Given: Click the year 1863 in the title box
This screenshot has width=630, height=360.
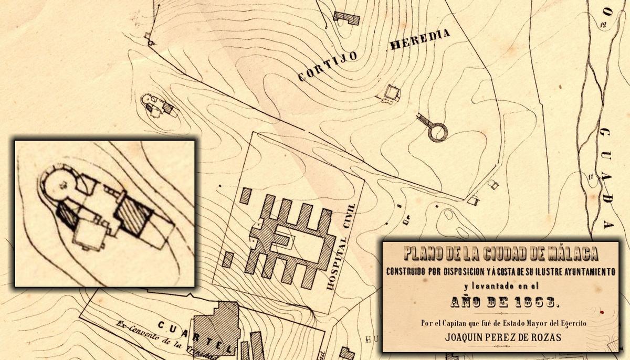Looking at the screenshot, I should point(538,302).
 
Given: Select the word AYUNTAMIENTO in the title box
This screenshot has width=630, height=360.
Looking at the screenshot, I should point(578,272).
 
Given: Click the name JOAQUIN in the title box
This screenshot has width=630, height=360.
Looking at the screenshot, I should point(465,337).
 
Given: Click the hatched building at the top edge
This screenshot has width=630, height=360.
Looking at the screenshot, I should point(346,18).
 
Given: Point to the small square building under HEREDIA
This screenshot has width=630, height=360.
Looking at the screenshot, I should point(392,92).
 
